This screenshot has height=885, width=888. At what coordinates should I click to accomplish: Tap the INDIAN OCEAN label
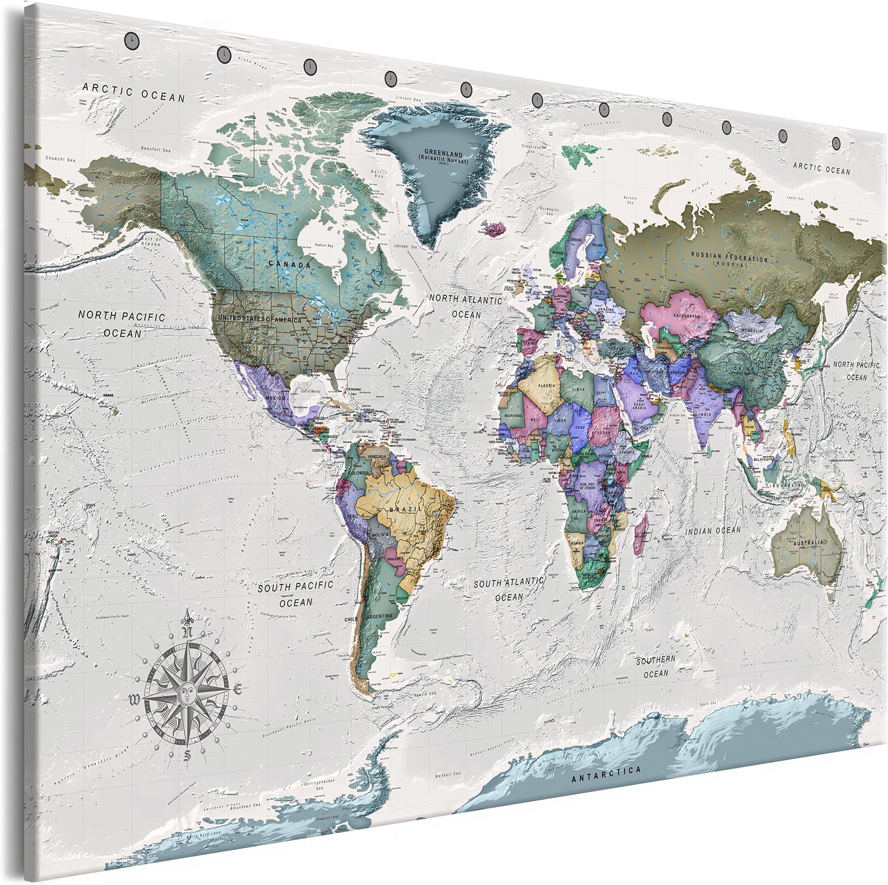[713, 530]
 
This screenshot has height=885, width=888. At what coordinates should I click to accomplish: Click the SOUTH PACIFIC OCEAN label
[296, 593]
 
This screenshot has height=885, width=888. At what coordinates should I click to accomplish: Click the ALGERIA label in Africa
[546, 385]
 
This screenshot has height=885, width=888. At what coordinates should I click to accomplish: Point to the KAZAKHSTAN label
[687, 316]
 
